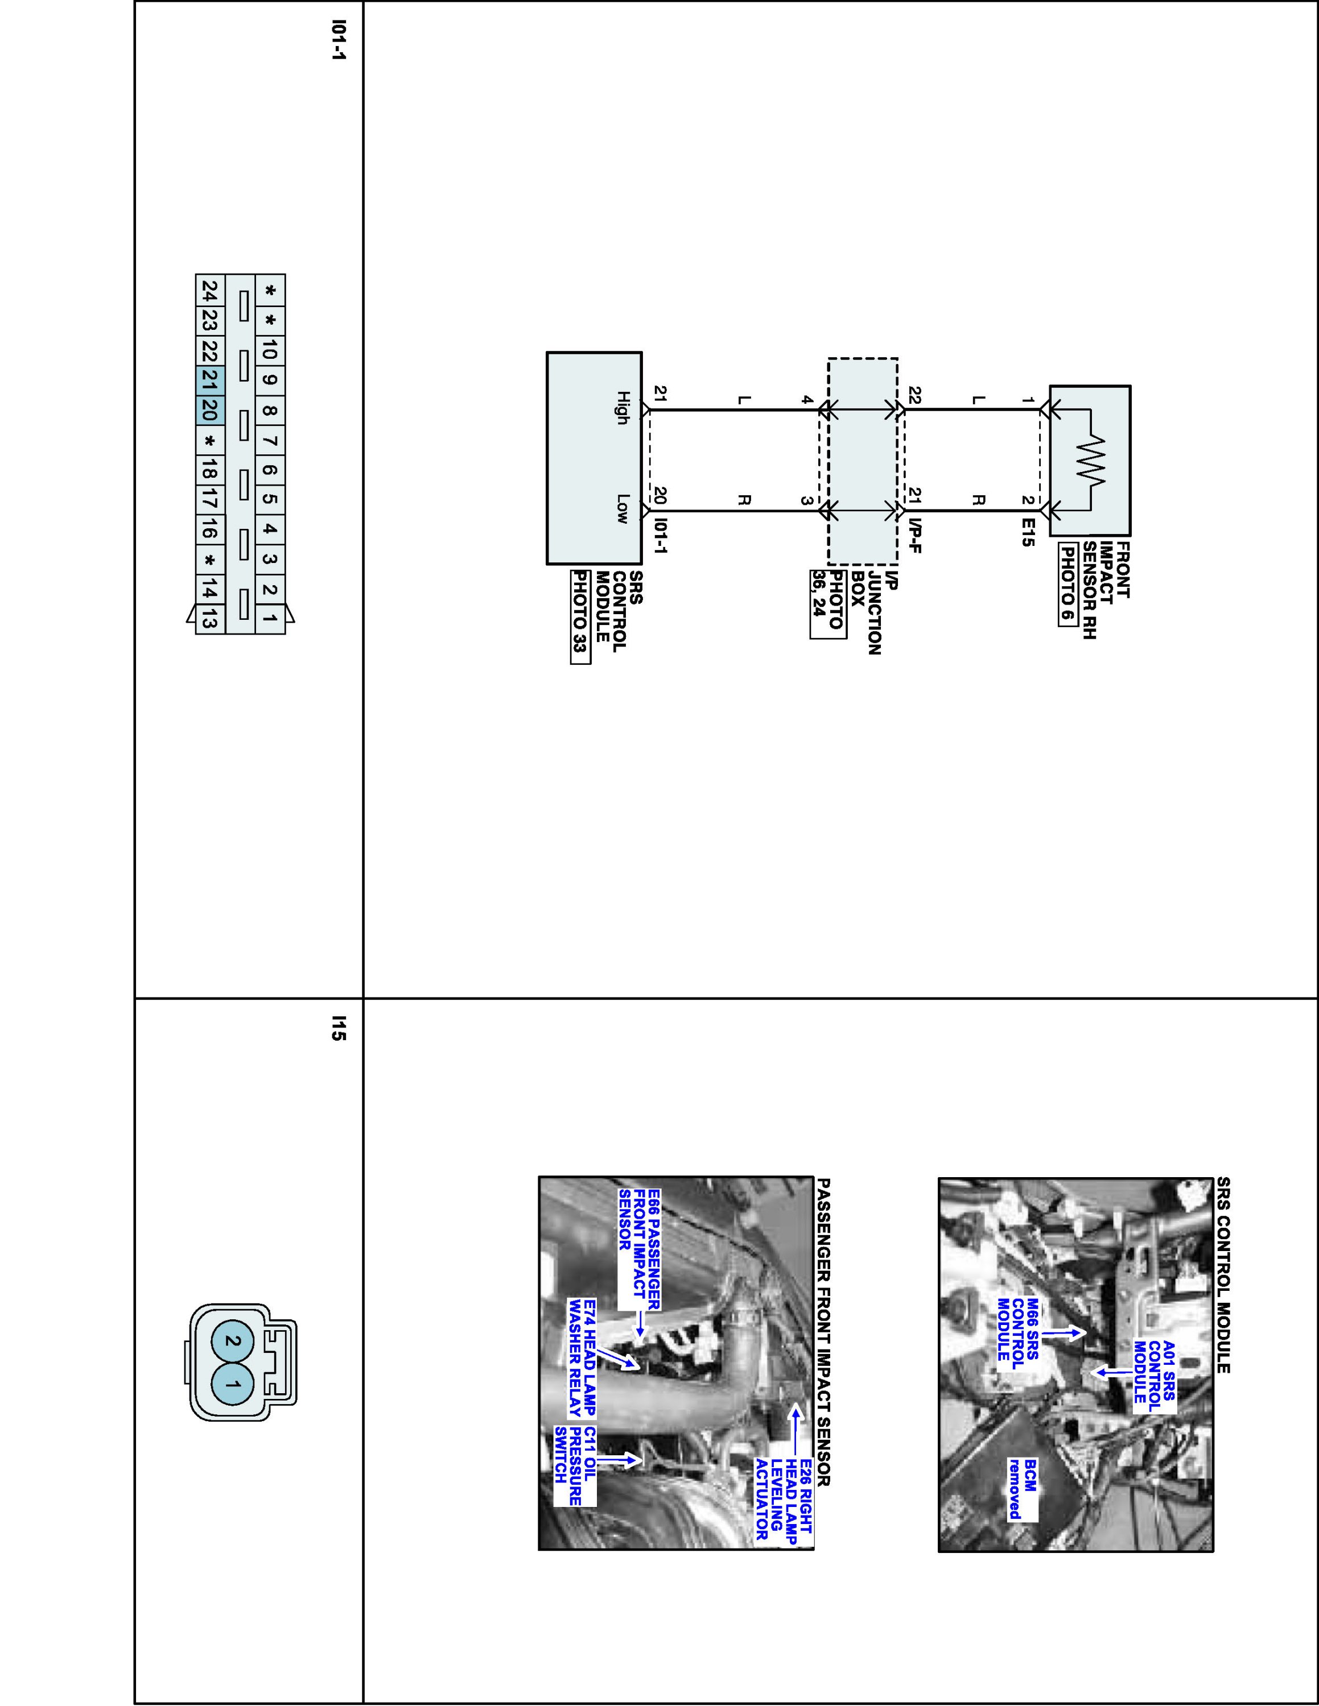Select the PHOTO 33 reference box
580,616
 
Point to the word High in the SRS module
623,408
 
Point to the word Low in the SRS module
623,508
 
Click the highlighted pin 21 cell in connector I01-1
209,381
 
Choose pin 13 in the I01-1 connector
209,619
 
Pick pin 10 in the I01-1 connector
270,351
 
